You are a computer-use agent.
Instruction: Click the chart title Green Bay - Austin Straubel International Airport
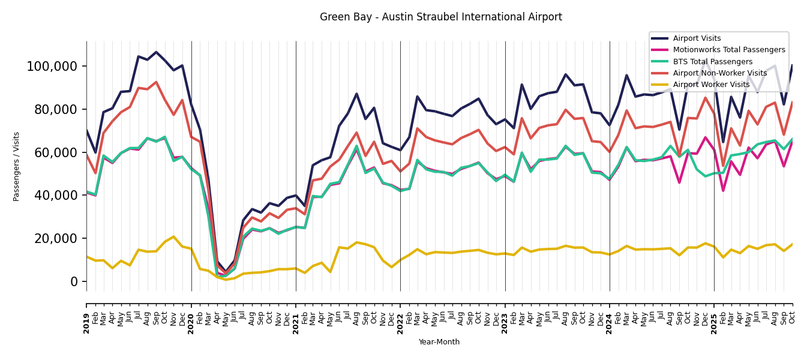[x=440, y=17]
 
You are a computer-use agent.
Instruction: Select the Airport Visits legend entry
[x=697, y=38]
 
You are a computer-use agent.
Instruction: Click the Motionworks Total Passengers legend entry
[x=728, y=50]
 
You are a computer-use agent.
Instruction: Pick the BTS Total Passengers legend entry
[x=712, y=62]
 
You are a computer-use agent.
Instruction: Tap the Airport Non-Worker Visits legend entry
[x=719, y=73]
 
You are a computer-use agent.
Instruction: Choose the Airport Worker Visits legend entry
[x=711, y=85]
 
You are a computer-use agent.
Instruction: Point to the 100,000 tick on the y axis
[x=53, y=66]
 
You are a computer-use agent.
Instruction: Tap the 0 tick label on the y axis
[x=75, y=281]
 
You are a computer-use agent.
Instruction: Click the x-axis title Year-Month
[x=439, y=342]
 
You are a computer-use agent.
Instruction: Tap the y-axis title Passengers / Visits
[x=17, y=166]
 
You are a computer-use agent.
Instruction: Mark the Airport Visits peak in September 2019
[x=156, y=52]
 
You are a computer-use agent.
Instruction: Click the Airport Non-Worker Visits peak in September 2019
[x=156, y=82]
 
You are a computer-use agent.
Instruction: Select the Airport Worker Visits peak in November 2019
[x=173, y=236]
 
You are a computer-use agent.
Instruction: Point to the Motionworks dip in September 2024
[x=679, y=182]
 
